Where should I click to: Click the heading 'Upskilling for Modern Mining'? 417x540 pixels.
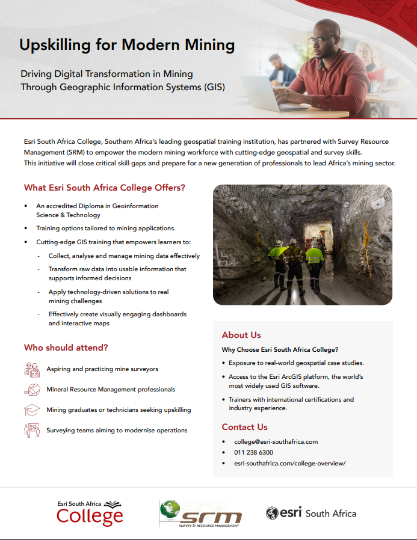[x=127, y=45]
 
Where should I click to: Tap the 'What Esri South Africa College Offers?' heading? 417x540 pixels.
[x=105, y=188]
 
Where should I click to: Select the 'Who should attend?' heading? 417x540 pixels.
[x=66, y=348]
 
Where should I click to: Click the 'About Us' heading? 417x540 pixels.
[x=241, y=335]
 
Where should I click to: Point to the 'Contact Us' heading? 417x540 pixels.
[x=244, y=427]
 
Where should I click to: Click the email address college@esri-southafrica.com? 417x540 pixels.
[x=276, y=441]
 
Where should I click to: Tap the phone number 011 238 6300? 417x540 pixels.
[x=253, y=452]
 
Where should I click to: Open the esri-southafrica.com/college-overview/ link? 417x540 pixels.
[x=290, y=463]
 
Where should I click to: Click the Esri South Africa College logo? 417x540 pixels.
[x=90, y=512]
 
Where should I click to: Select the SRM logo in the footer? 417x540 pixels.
[x=200, y=513]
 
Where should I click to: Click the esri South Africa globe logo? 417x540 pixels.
[x=310, y=513]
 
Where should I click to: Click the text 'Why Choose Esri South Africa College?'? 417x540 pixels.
[x=280, y=349]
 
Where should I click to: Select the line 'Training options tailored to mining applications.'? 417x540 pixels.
[x=105, y=229]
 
